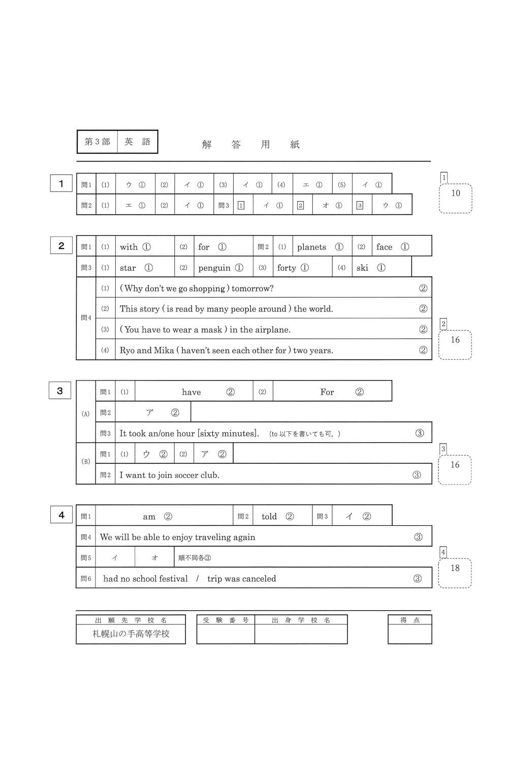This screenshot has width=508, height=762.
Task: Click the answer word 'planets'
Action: coord(311,247)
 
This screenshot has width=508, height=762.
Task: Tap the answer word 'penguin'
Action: coord(214,268)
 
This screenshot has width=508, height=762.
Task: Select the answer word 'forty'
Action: coord(287,268)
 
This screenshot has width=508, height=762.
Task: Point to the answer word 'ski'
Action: coord(362,268)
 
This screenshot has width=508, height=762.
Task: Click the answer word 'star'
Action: coord(128,268)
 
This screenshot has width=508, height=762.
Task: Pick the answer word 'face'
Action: coord(384,247)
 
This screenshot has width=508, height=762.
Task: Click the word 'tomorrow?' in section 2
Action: coord(252,289)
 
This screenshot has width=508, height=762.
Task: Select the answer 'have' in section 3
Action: coord(192,392)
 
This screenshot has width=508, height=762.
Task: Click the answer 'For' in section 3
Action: coord(327,392)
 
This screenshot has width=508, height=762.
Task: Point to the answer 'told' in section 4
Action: coord(269,517)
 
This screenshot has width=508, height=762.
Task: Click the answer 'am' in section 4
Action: coord(149,517)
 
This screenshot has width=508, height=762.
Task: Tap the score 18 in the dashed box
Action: coord(455,568)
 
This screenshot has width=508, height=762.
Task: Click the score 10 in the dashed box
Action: coord(456,193)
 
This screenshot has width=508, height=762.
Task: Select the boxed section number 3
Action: coord(60,391)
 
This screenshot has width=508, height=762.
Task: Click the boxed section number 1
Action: coord(61,183)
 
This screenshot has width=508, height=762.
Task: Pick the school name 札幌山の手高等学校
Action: coord(131,634)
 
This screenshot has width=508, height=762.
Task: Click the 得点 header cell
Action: coord(409,620)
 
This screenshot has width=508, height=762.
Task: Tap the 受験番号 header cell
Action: coord(226,620)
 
